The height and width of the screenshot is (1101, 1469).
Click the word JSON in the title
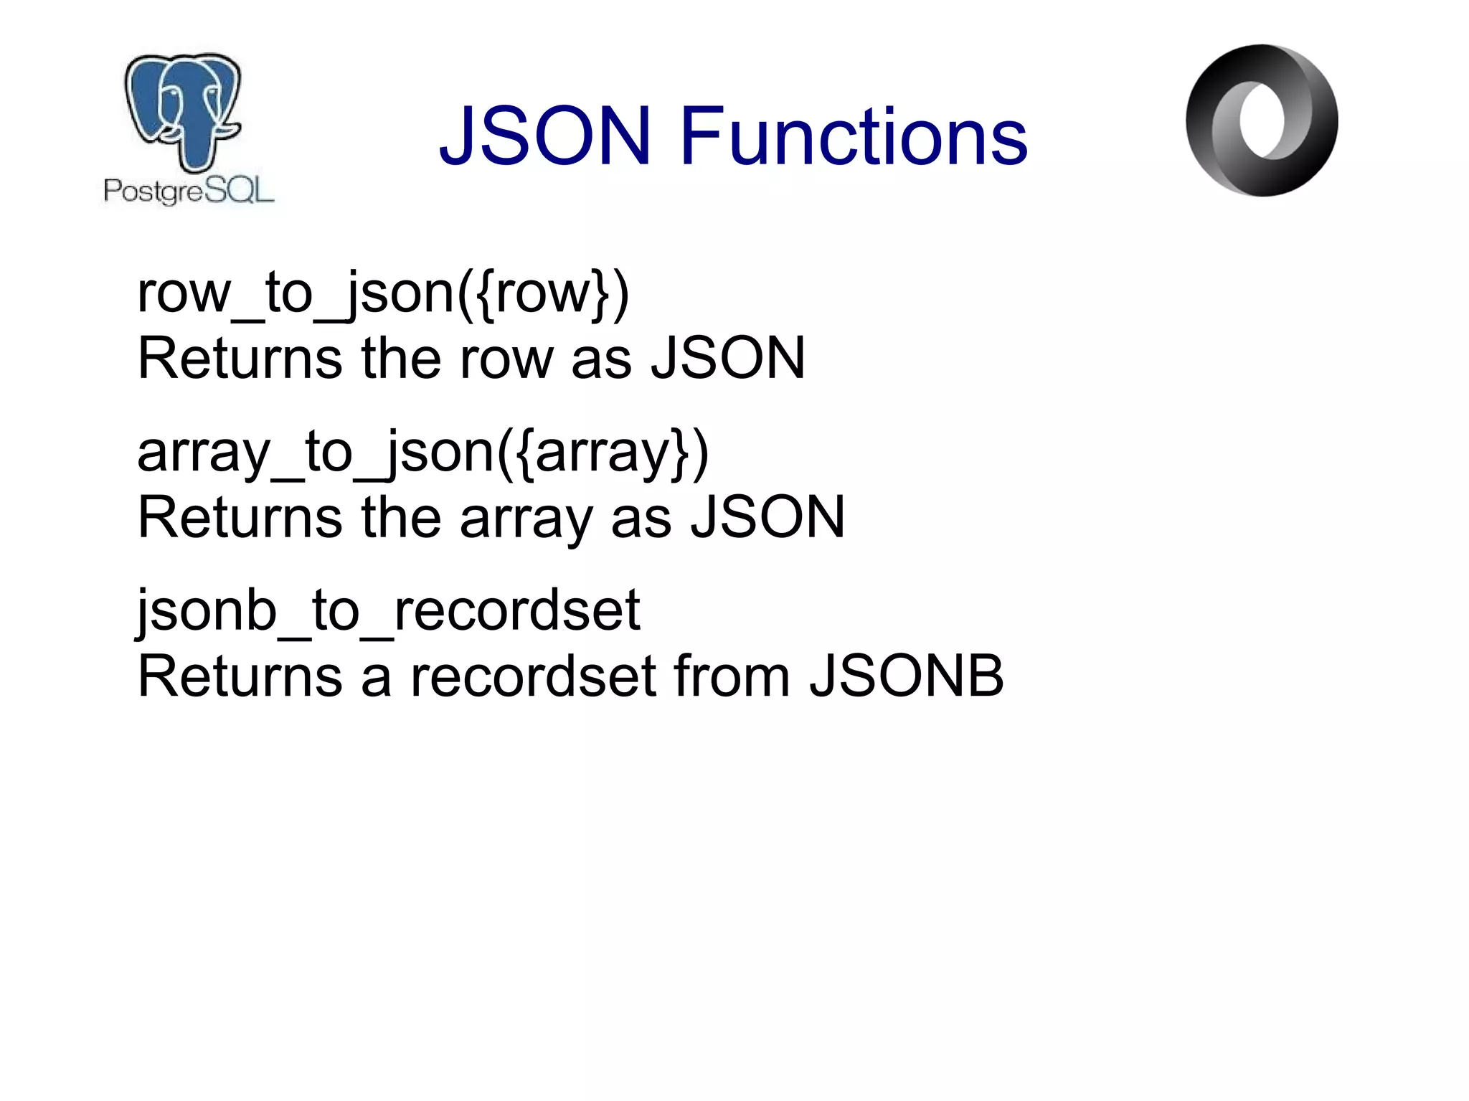545,136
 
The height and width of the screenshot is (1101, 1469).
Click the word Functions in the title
854,136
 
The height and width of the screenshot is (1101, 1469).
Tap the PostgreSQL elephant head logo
184,111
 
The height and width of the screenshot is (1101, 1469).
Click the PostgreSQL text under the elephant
189,191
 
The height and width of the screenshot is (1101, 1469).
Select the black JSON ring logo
1262,121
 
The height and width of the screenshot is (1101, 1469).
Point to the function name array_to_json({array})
423,452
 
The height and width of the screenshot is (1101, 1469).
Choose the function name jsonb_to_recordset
388,610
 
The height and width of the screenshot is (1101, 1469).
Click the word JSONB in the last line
907,676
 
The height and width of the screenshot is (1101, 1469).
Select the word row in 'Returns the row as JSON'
507,359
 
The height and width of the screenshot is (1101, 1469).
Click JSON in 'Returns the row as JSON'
728,359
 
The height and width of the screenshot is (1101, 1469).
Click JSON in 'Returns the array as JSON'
767,518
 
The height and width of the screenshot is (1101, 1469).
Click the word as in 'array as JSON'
641,518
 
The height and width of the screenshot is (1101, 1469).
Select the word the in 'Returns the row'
400,359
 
